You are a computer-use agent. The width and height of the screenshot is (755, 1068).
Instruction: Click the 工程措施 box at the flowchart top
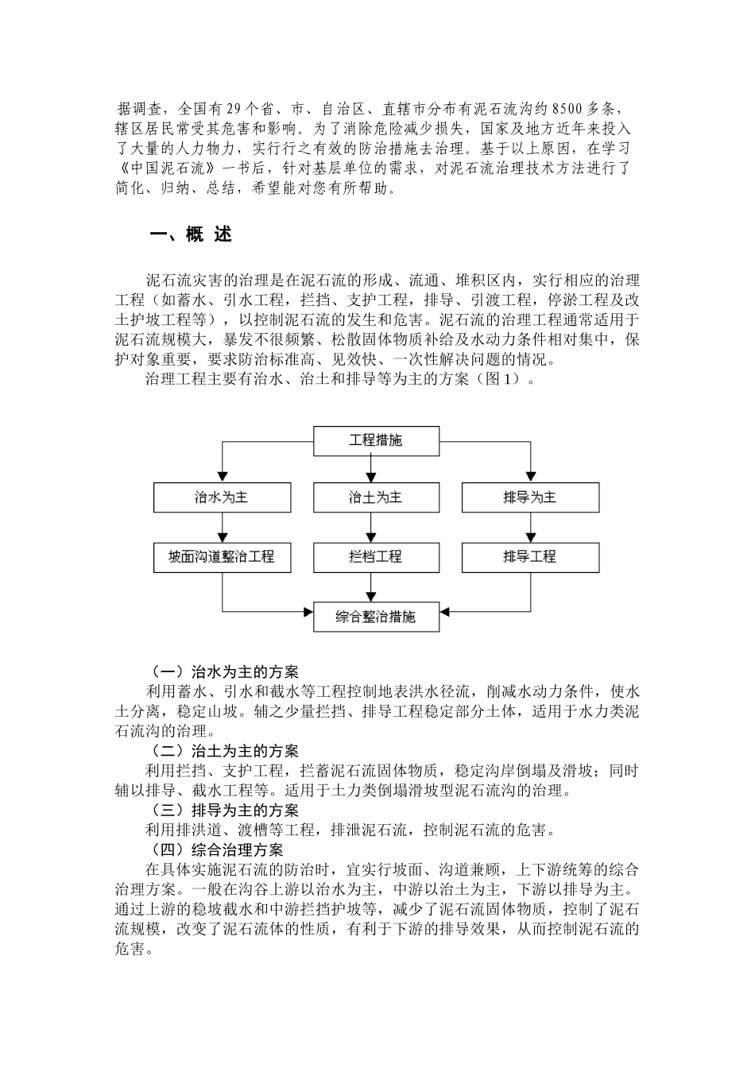[376, 440]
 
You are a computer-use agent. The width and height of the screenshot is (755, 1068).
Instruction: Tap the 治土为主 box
[376, 497]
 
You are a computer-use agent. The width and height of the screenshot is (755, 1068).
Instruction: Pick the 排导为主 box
[529, 497]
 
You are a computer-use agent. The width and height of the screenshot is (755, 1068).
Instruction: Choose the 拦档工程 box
[376, 556]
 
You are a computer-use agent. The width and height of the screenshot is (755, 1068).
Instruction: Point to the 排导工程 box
[529, 556]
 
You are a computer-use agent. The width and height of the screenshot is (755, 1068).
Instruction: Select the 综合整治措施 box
[376, 617]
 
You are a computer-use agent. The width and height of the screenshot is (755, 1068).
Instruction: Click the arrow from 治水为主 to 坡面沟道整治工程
[222, 527]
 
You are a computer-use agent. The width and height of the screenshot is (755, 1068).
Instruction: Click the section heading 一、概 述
[191, 234]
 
